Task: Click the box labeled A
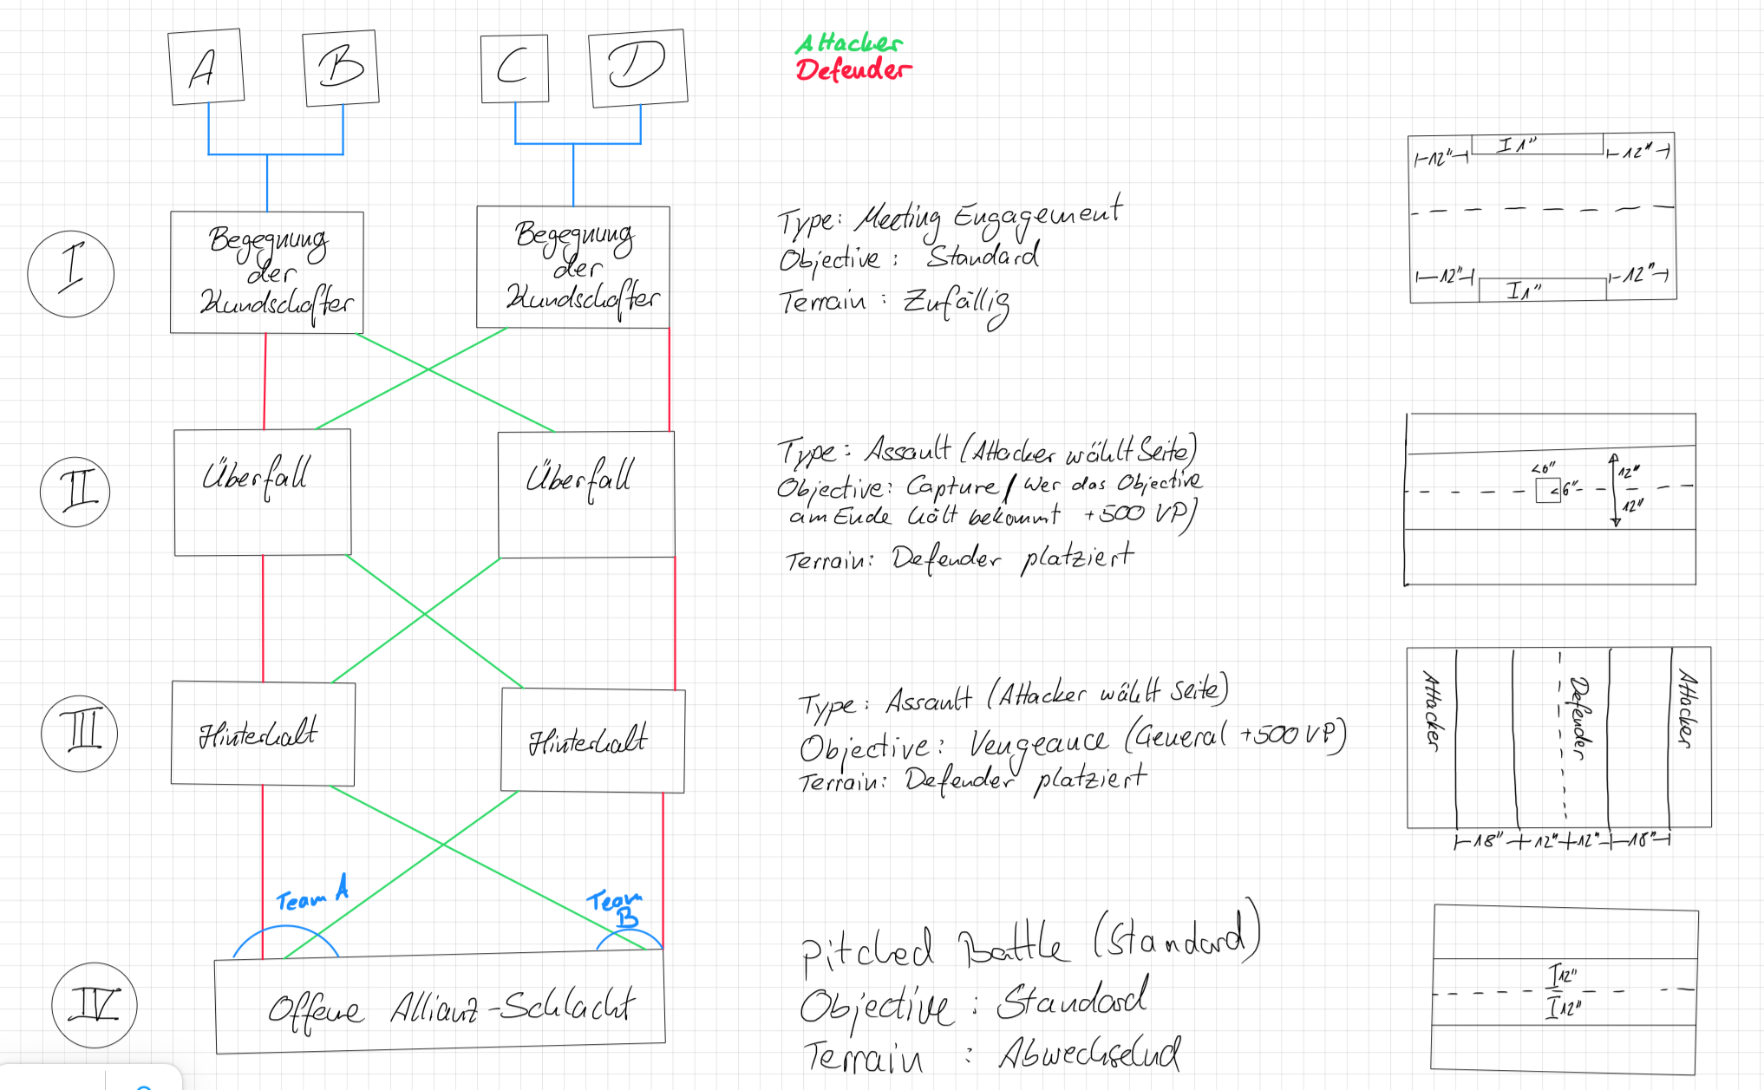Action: coord(206,67)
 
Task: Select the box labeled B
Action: coord(341,68)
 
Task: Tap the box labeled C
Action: coord(514,69)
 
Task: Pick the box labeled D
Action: coord(637,67)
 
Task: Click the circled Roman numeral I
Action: coord(71,273)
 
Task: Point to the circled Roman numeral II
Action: coord(75,492)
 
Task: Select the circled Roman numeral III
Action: coord(80,733)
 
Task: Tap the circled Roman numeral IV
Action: coord(95,1005)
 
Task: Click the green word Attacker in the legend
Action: coord(848,42)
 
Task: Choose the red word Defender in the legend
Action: coord(853,69)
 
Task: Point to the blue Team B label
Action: coord(615,907)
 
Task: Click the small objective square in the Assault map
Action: coord(1547,491)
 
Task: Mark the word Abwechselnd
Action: coord(1089,1053)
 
